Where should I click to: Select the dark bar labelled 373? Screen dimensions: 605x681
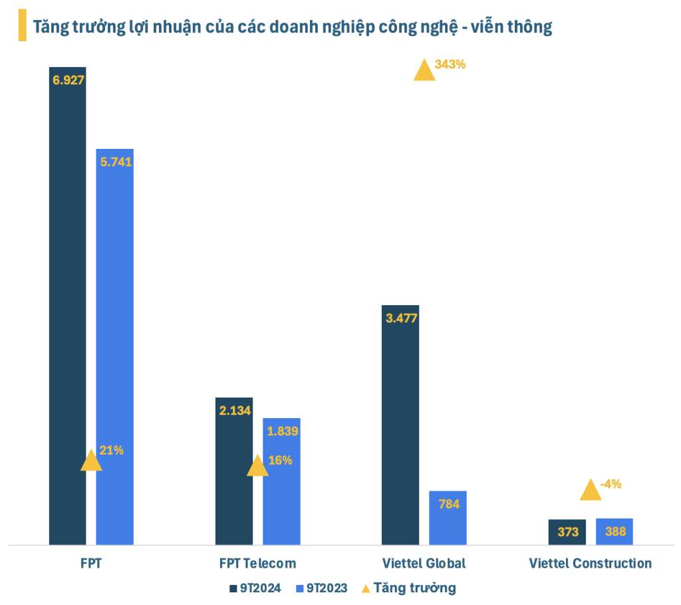[567, 532]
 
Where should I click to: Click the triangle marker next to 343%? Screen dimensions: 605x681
[424, 71]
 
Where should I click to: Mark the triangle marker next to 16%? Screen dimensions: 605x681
[257, 467]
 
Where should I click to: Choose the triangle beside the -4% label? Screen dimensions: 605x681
[590, 491]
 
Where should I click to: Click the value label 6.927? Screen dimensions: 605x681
[68, 79]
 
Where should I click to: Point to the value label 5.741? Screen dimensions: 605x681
[115, 161]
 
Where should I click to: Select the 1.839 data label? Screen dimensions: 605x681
[281, 431]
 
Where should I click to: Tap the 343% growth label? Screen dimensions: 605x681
[450, 64]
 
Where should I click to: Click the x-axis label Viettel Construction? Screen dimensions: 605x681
[590, 563]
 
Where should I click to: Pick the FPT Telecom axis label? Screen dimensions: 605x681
[257, 563]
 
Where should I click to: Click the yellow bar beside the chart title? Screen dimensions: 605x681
[23, 26]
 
